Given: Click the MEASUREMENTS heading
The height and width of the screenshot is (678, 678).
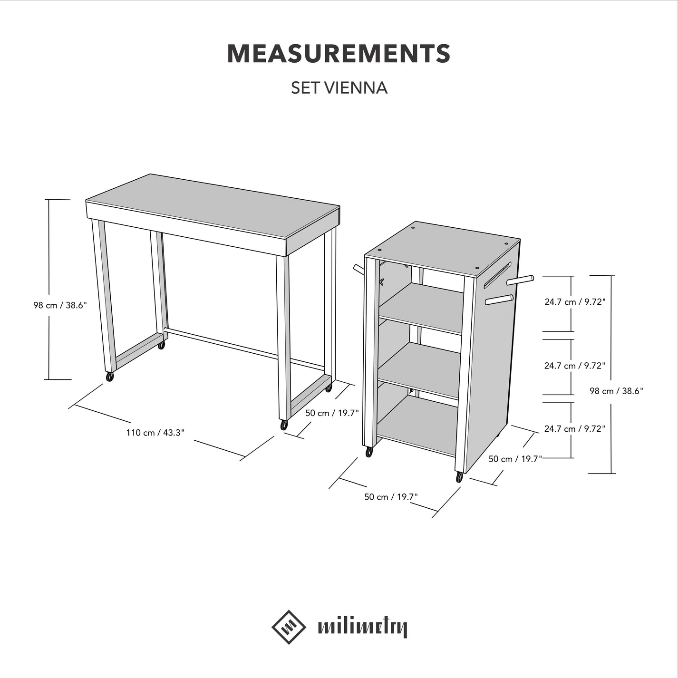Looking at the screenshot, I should click(339, 53).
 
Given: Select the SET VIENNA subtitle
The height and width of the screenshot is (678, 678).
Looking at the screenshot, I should click(339, 88).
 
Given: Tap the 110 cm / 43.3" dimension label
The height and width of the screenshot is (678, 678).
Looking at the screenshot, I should click(155, 433).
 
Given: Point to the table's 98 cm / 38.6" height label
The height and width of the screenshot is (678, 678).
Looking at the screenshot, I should click(60, 305).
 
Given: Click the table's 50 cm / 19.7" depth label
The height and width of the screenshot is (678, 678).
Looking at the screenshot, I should click(332, 413).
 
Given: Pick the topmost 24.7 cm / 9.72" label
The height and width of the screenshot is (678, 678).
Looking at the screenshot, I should click(574, 301).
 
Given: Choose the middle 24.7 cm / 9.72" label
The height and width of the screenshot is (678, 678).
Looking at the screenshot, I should click(574, 366).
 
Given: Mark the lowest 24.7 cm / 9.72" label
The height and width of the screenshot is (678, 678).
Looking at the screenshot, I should click(574, 428).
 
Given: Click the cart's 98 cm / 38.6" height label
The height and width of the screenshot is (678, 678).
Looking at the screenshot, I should click(616, 391).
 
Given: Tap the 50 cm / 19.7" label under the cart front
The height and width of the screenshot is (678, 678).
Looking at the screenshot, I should click(391, 497).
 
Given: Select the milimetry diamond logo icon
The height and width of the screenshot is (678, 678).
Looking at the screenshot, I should click(289, 627).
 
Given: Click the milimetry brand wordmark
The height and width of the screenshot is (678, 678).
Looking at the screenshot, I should click(362, 628).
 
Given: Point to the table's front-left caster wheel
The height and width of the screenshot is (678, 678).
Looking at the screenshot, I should click(110, 377).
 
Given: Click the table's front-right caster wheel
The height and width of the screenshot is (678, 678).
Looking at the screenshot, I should click(284, 425).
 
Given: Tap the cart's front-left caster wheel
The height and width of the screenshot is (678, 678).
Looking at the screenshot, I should click(369, 452).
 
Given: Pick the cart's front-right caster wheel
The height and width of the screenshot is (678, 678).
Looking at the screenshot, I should click(459, 477).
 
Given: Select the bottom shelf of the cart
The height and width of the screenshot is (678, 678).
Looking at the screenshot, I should click(418, 426).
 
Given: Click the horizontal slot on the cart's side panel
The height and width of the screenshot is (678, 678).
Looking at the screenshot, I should click(497, 275).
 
